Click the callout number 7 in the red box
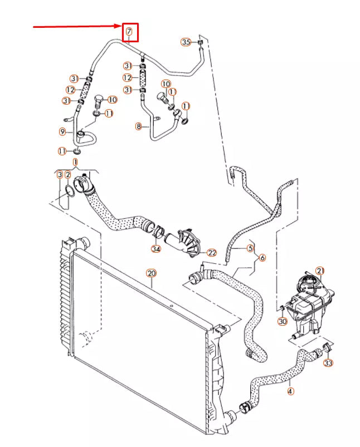click(x=129, y=32)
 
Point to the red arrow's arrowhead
click(x=119, y=26)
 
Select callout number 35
click(x=186, y=42)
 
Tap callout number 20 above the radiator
click(x=150, y=273)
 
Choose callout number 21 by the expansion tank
click(x=319, y=271)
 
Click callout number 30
click(x=283, y=321)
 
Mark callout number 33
click(x=328, y=363)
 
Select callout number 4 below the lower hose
click(x=290, y=391)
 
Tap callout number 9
click(x=62, y=131)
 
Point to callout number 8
click(x=139, y=127)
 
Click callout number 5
click(x=250, y=248)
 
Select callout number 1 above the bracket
click(x=75, y=161)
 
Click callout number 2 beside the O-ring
click(x=67, y=175)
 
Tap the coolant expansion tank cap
click(x=307, y=279)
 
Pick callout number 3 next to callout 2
click(x=60, y=175)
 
